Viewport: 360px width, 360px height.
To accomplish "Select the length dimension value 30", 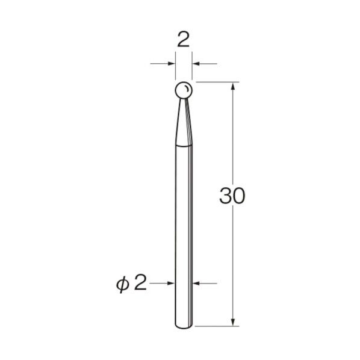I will click(232, 196).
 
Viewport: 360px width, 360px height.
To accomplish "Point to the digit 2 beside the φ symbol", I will click(140, 282).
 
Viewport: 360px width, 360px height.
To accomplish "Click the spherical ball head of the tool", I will click(183, 90).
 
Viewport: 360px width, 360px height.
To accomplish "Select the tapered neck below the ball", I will click(183, 120).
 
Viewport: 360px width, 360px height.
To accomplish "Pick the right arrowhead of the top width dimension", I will click(197, 63).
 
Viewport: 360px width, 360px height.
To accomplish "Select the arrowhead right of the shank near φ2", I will click(197, 282).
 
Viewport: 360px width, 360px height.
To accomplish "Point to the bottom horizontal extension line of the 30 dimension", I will click(217, 327).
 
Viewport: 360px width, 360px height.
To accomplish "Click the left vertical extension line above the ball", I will click(175, 66).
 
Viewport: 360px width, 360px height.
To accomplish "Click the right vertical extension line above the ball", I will click(192, 66).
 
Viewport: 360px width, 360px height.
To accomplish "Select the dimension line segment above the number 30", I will click(233, 138).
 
